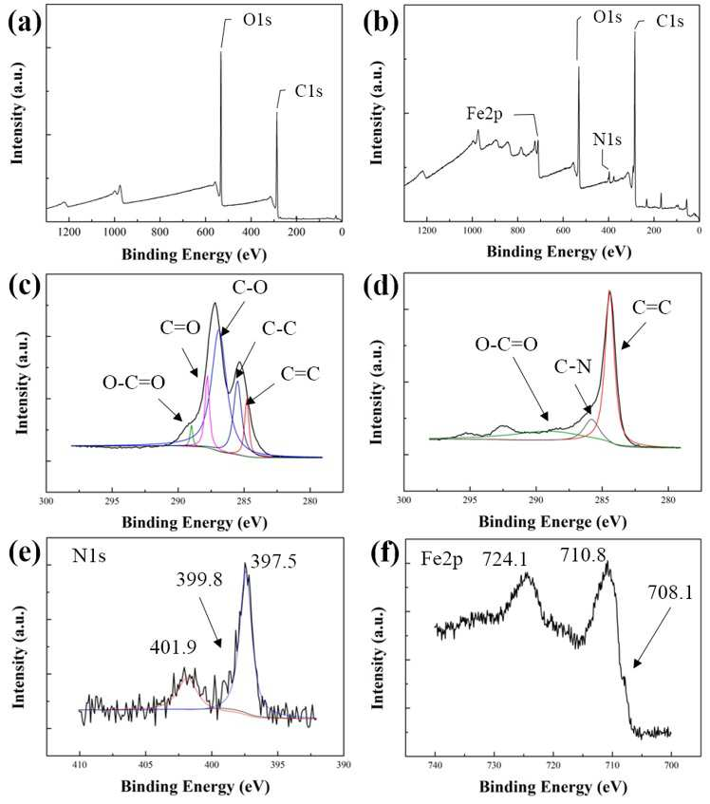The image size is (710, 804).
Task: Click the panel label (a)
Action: click(x=25, y=23)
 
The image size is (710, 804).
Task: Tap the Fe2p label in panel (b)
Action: click(x=484, y=113)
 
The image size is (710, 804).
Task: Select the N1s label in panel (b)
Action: click(x=607, y=139)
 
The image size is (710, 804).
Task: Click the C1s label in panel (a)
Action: click(x=308, y=91)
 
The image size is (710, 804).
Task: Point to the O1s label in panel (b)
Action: click(x=607, y=17)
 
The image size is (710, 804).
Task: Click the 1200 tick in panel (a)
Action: click(x=68, y=233)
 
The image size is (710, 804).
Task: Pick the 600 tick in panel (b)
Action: click(x=563, y=231)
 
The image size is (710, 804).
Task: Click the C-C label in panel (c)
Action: click(x=279, y=328)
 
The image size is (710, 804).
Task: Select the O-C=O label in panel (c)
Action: click(x=134, y=383)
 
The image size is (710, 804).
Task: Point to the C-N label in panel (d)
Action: click(x=572, y=366)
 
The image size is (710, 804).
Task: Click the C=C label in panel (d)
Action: click(x=651, y=308)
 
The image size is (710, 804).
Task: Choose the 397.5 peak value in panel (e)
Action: click(x=273, y=562)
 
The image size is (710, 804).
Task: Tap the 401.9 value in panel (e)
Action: click(x=174, y=647)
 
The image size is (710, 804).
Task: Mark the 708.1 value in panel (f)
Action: click(x=670, y=592)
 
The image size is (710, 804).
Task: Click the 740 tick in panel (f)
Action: click(x=436, y=765)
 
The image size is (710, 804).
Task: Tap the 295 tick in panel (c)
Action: click(x=112, y=501)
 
